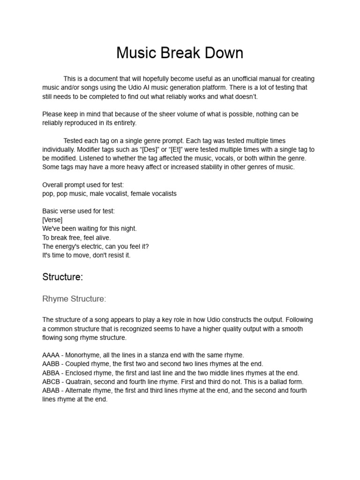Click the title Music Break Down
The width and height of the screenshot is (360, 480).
[x=180, y=53]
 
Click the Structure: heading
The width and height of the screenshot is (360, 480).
[x=63, y=277]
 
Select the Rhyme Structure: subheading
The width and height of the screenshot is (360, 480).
[x=74, y=299]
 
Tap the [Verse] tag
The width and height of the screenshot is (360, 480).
[x=52, y=220]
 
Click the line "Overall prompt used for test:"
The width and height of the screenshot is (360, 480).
[x=83, y=185]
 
